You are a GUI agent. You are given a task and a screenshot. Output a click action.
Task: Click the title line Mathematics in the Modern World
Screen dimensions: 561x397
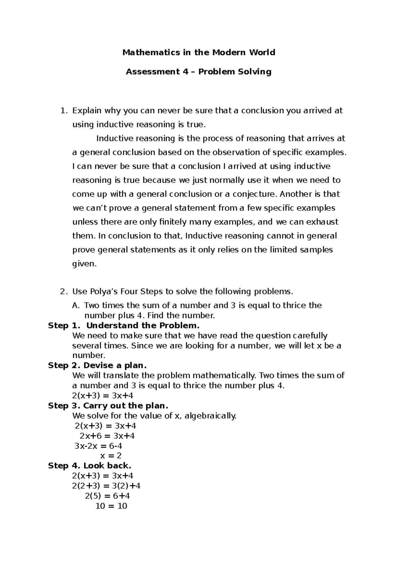(x=198, y=53)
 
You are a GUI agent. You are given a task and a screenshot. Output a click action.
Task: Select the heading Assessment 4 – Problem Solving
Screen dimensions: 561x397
(x=198, y=72)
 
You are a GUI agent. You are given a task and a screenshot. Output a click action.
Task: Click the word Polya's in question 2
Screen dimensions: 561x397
(x=103, y=291)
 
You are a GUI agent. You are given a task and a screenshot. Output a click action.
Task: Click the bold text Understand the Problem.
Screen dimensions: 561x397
(x=143, y=325)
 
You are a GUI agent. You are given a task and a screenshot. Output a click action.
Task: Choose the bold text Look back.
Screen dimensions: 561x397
(x=107, y=466)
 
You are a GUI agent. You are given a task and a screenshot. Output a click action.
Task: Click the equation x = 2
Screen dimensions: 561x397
(x=111, y=456)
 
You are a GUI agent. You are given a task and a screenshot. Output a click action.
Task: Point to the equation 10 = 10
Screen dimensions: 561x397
(x=111, y=506)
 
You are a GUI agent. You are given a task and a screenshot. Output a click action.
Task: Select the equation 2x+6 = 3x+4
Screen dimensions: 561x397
(x=107, y=436)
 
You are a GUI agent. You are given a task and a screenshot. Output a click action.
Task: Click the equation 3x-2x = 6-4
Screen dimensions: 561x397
(x=98, y=446)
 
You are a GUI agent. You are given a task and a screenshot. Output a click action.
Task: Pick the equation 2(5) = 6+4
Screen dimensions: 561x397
(x=107, y=496)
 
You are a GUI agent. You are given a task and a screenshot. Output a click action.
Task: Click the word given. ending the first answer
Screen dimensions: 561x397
(x=84, y=264)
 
